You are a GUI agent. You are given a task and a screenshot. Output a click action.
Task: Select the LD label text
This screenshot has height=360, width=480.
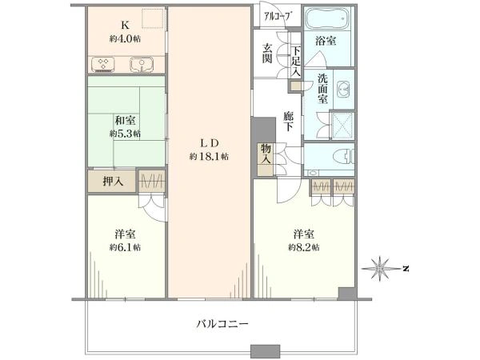click(209, 144)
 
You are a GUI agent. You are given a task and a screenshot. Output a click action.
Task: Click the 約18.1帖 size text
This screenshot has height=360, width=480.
click(209, 157)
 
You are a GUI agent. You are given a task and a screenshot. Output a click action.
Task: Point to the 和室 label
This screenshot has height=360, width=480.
click(123, 120)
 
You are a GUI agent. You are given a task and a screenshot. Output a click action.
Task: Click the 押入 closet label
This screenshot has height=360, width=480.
click(113, 182)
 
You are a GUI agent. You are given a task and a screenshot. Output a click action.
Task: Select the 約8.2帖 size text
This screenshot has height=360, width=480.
click(303, 247)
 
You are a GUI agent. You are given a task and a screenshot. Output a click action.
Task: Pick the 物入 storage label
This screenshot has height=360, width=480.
click(264, 154)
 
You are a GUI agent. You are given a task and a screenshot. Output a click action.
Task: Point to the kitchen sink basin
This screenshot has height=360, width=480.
click(137, 63)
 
